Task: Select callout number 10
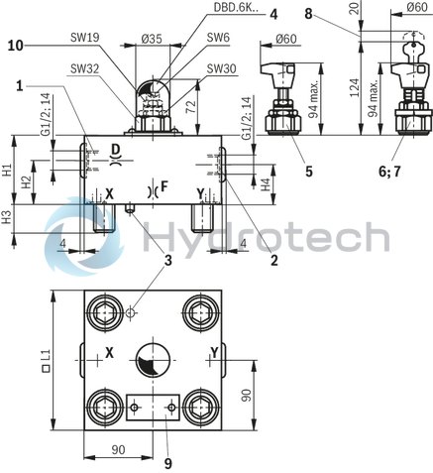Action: [x=14, y=45]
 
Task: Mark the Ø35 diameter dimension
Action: [x=151, y=38]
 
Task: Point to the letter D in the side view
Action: [x=116, y=150]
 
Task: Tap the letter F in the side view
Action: [x=163, y=185]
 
